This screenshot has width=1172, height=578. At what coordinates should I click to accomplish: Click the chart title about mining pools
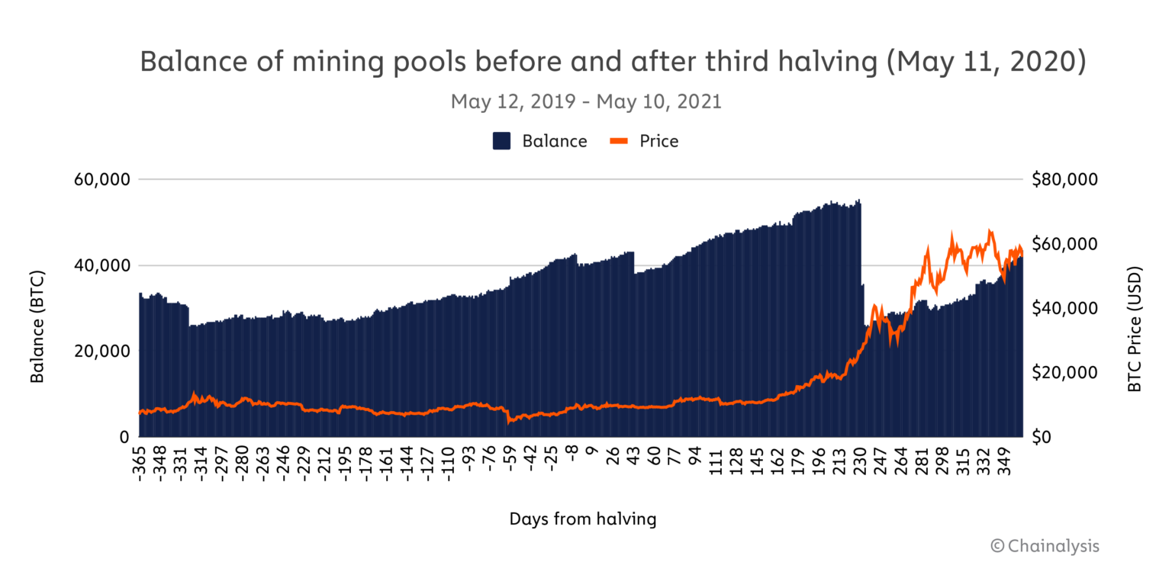point(612,63)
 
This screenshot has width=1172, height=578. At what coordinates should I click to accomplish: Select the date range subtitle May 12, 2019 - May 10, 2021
point(586,101)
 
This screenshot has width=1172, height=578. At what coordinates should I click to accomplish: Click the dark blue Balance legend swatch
point(501,141)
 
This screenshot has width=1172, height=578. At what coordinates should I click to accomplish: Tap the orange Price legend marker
point(619,141)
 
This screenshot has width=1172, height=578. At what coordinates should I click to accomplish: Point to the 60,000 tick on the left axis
point(101,180)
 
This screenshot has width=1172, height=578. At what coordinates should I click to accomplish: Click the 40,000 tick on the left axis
point(101,266)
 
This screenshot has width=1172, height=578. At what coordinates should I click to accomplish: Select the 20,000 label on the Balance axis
point(101,352)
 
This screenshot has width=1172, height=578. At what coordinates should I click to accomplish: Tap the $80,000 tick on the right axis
point(1064,180)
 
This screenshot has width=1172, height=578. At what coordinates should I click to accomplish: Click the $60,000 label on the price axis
point(1064,244)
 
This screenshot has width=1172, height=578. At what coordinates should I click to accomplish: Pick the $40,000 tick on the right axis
point(1064,308)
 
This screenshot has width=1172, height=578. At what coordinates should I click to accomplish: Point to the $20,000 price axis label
point(1064,373)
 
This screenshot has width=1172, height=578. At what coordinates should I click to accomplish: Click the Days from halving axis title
point(583,519)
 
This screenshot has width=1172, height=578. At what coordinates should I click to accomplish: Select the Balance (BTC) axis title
point(37,326)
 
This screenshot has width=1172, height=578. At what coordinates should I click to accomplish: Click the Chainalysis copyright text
point(1045,546)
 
